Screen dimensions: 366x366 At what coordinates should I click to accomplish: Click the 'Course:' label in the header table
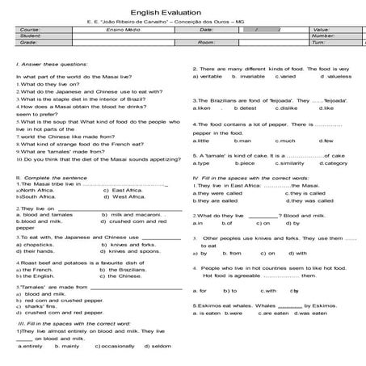(30, 29)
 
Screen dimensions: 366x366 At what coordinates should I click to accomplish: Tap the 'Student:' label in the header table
(31, 36)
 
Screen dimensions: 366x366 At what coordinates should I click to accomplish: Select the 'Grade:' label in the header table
(30, 42)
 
